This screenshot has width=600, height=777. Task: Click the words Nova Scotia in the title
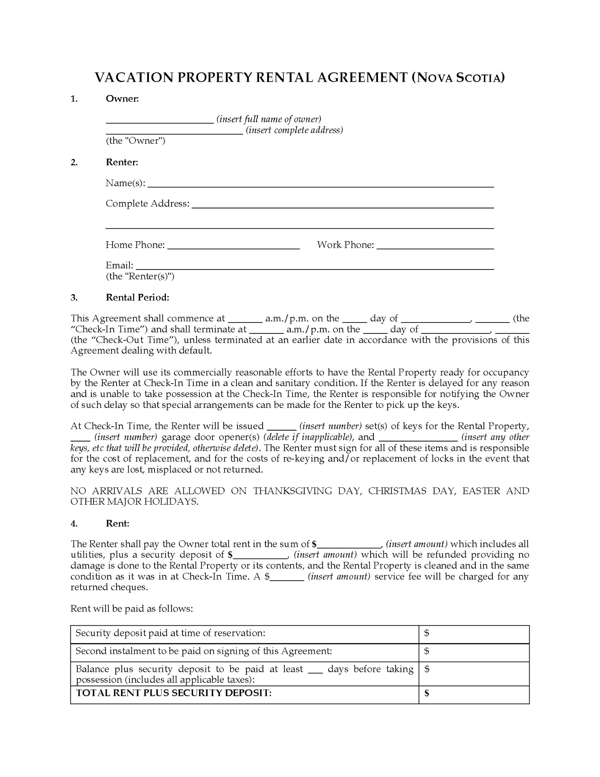pos(458,78)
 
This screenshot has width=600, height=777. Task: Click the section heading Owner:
pos(122,98)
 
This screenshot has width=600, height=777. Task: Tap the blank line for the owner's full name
pos(160,121)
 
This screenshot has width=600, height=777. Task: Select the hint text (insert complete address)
pos(294,130)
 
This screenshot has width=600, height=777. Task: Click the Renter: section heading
pos(122,162)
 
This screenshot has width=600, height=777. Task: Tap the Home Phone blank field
pos(233,247)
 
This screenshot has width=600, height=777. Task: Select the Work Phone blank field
pos(435,247)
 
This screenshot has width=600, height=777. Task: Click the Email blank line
pos(315,267)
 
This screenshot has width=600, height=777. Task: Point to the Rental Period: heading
pos(137,297)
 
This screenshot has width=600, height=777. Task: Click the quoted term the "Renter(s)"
pos(140,276)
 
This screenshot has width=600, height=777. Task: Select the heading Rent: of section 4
pos(117,523)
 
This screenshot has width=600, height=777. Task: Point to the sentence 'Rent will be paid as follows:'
pos(131,609)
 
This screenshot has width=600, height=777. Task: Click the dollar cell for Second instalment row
pos(474,652)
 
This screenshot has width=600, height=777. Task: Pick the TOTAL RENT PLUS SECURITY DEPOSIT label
pos(174,693)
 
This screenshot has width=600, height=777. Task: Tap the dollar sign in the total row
pos(426,694)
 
